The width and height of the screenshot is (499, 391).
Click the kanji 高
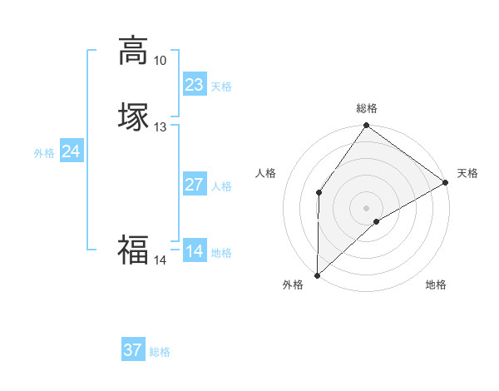click(132, 51)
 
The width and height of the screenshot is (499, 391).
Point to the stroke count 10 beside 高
click(160, 61)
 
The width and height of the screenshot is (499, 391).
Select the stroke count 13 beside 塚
click(160, 127)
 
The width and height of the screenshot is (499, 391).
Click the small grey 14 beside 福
click(160, 260)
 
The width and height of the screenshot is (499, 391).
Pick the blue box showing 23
click(194, 85)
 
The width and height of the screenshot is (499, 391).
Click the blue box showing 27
click(194, 185)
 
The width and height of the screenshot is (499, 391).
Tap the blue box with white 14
click(194, 251)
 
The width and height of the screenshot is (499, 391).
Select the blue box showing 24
click(71, 151)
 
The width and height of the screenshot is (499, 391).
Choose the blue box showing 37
click(132, 350)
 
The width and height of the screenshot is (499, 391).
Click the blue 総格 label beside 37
click(160, 352)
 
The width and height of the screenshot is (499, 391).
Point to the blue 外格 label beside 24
click(44, 153)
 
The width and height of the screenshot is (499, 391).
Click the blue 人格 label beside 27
click(221, 186)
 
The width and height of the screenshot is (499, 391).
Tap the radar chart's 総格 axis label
click(367, 108)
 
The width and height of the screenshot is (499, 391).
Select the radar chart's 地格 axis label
click(436, 285)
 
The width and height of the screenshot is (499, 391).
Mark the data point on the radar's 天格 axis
click(446, 182)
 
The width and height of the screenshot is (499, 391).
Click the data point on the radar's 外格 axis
click(317, 275)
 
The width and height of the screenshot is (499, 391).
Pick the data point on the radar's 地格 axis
click(377, 221)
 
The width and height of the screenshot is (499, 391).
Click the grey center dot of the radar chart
click(366, 207)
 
